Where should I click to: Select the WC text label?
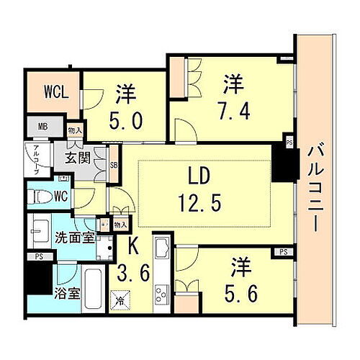tap(62, 196)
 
